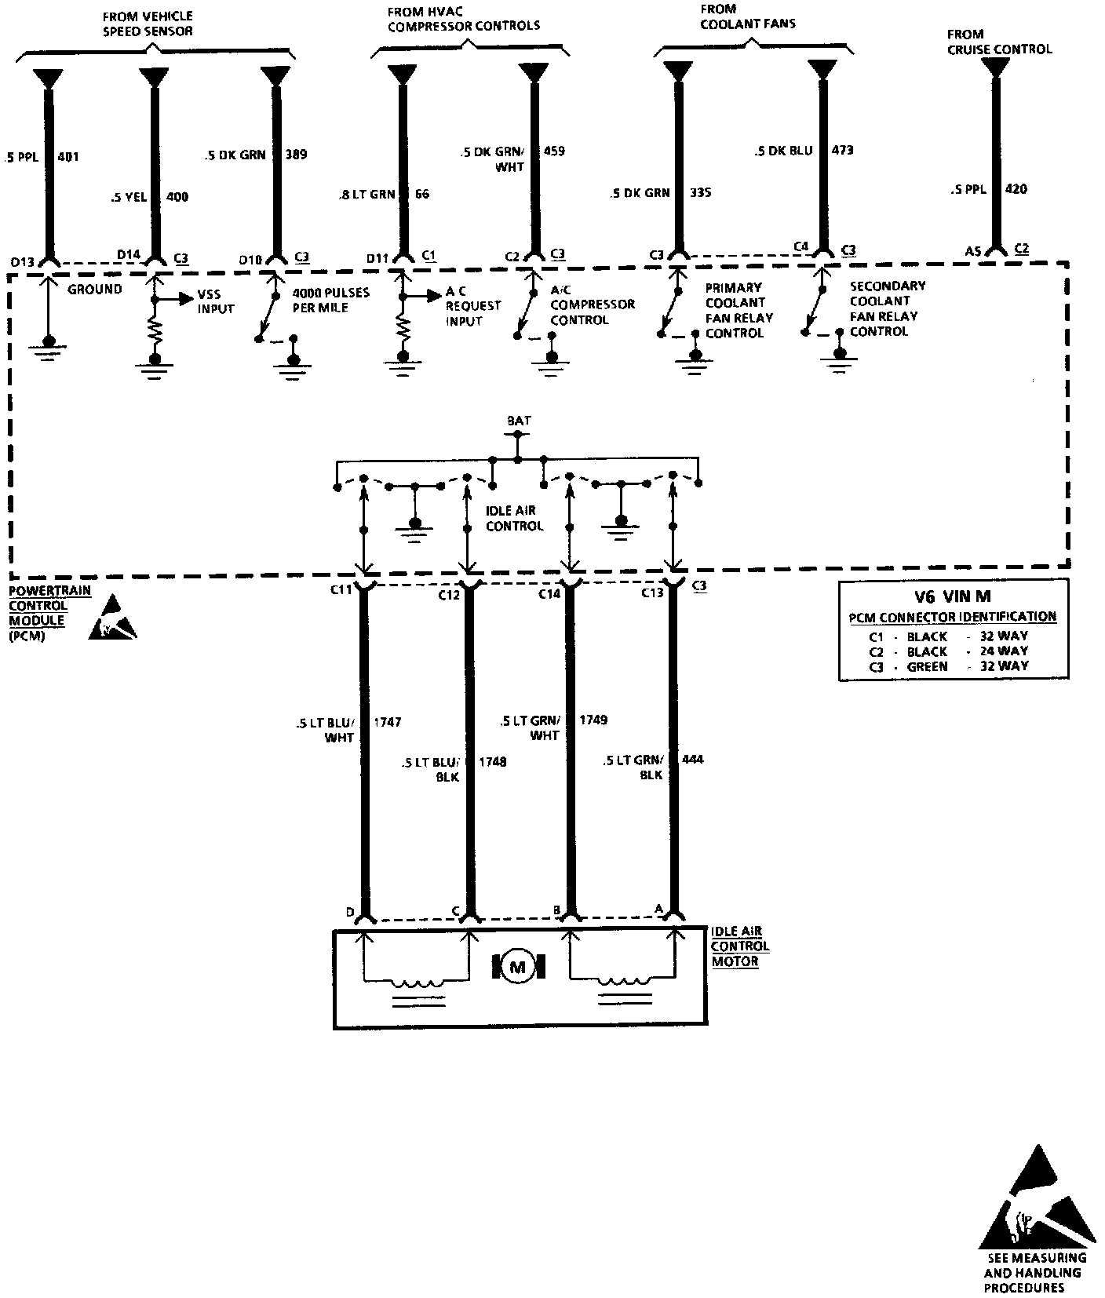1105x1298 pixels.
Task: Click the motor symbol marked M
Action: (517, 967)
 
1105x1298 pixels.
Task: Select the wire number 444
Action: (693, 760)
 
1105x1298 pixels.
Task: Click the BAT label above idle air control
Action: (519, 421)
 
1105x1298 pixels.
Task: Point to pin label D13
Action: (22, 261)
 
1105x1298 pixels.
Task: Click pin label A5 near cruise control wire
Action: (973, 251)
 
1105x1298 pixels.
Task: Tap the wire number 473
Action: (842, 150)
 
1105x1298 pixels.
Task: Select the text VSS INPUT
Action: (215, 302)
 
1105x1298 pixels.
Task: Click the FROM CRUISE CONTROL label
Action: (998, 42)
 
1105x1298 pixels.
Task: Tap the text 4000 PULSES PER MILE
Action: (330, 301)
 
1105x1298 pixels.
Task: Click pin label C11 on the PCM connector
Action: (341, 591)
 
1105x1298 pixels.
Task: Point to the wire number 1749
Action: (593, 720)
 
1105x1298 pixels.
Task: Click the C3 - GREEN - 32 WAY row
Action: (948, 666)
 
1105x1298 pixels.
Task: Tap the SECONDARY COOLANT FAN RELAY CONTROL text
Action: (888, 308)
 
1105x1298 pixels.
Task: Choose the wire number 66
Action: (422, 194)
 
